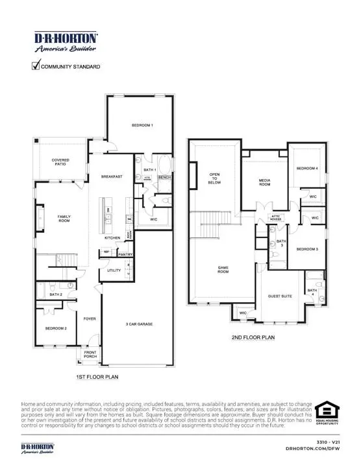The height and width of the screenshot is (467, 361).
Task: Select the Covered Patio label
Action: (x=60, y=162)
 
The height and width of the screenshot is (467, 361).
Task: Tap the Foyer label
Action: (x=90, y=318)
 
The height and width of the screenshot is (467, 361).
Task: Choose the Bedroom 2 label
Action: (x=56, y=329)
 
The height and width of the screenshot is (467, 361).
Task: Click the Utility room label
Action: (x=114, y=270)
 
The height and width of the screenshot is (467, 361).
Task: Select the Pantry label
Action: (x=126, y=255)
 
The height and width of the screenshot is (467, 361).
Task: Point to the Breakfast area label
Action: (x=112, y=176)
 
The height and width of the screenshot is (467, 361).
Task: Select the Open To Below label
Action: (x=214, y=178)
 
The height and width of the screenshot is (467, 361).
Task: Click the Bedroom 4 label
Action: (x=308, y=169)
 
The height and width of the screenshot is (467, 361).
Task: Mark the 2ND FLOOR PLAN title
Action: (x=253, y=337)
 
